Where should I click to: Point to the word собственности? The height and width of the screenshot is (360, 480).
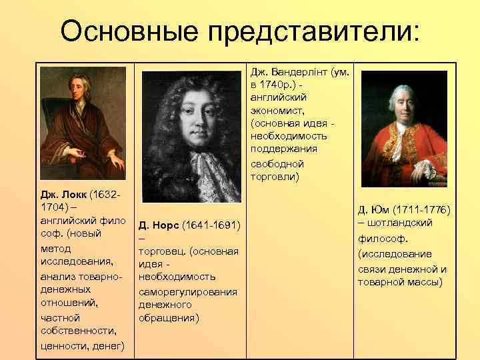[76, 331]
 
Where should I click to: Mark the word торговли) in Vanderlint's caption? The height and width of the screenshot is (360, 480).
[276, 177]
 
